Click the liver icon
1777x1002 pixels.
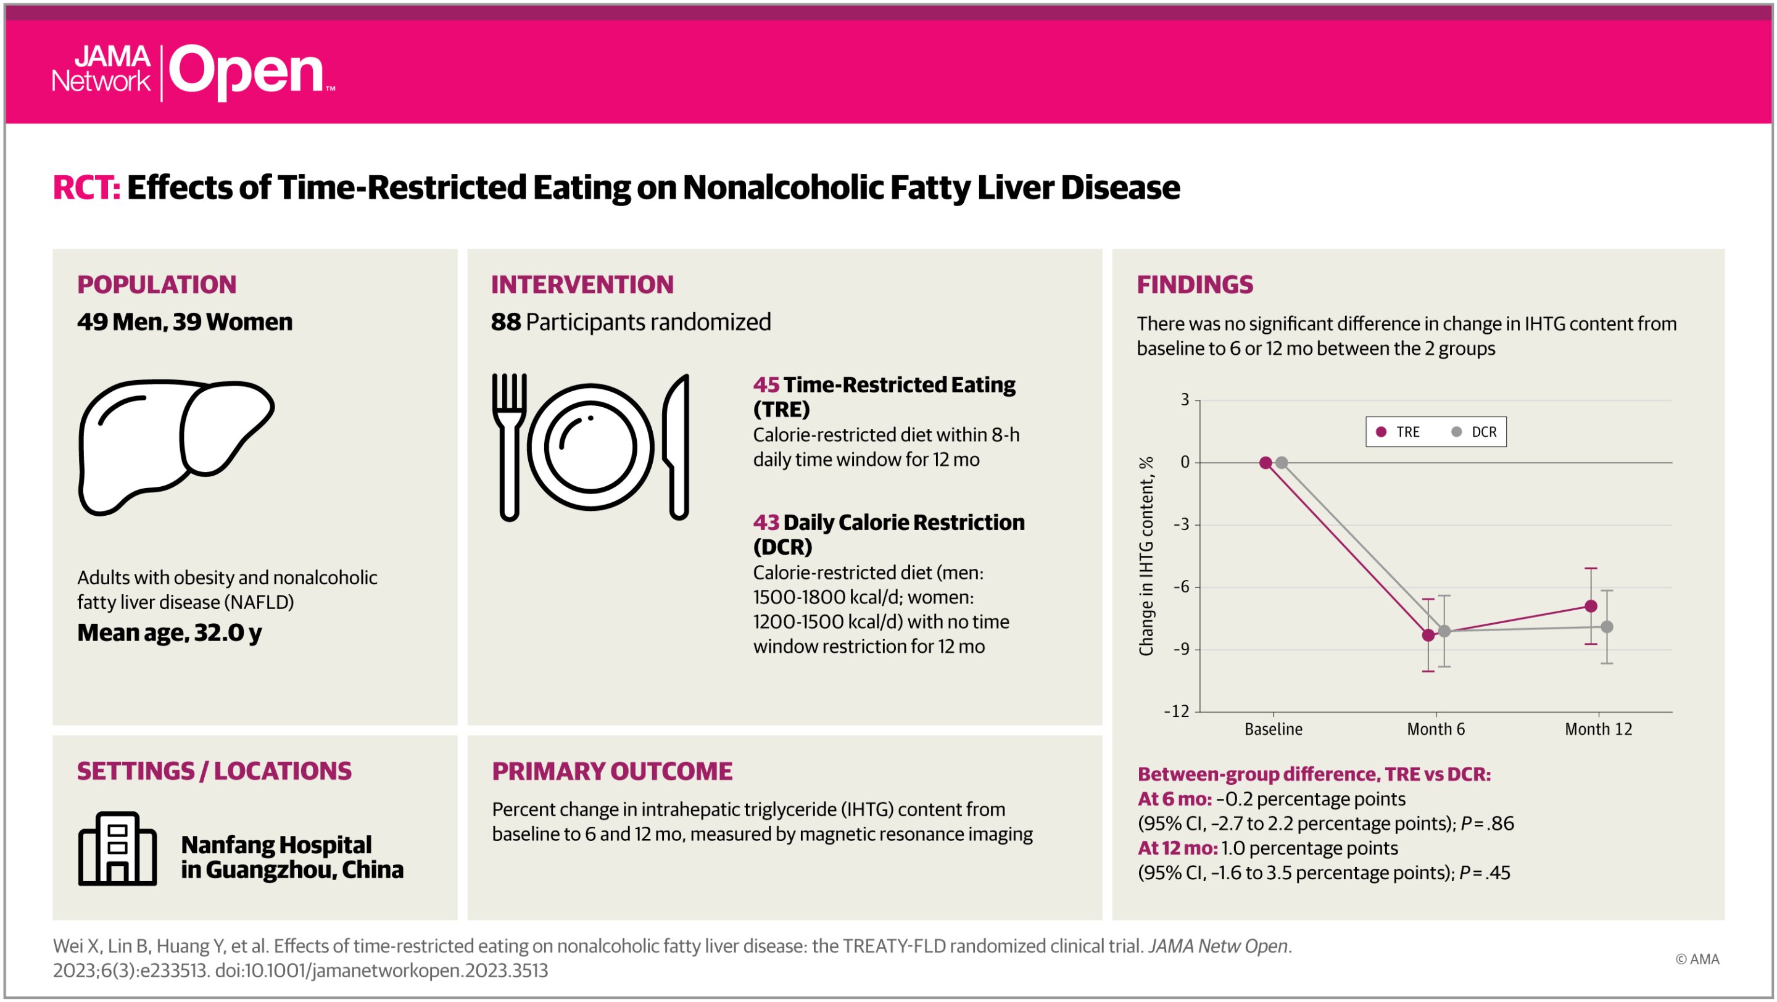coord(176,447)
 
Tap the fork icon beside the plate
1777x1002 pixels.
coord(509,447)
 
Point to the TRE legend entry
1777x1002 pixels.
coord(1398,433)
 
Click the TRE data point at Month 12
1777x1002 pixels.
coord(1591,606)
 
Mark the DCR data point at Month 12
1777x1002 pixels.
coord(1607,627)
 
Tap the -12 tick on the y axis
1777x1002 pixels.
coord(1177,711)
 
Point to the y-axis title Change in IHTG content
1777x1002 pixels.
coord(1146,556)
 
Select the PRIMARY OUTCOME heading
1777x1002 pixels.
coord(612,771)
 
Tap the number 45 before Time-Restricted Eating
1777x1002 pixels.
coord(766,385)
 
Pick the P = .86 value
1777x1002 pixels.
coord(1487,824)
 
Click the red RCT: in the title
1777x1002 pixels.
coord(86,188)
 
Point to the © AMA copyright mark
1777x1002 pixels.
coord(1697,959)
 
